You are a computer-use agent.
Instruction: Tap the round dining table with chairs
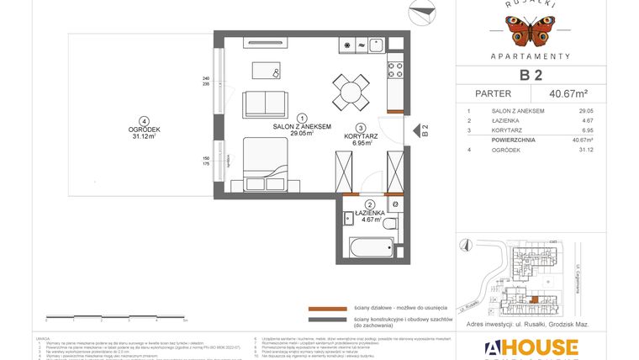(351, 90)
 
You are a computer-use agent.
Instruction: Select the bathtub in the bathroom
(371, 247)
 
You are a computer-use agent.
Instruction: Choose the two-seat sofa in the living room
(267, 103)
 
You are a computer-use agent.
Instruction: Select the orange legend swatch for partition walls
(327, 309)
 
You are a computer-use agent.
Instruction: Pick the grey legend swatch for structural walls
(327, 320)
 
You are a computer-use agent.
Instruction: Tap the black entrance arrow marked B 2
(413, 130)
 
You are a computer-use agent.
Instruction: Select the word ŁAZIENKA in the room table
(491, 120)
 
